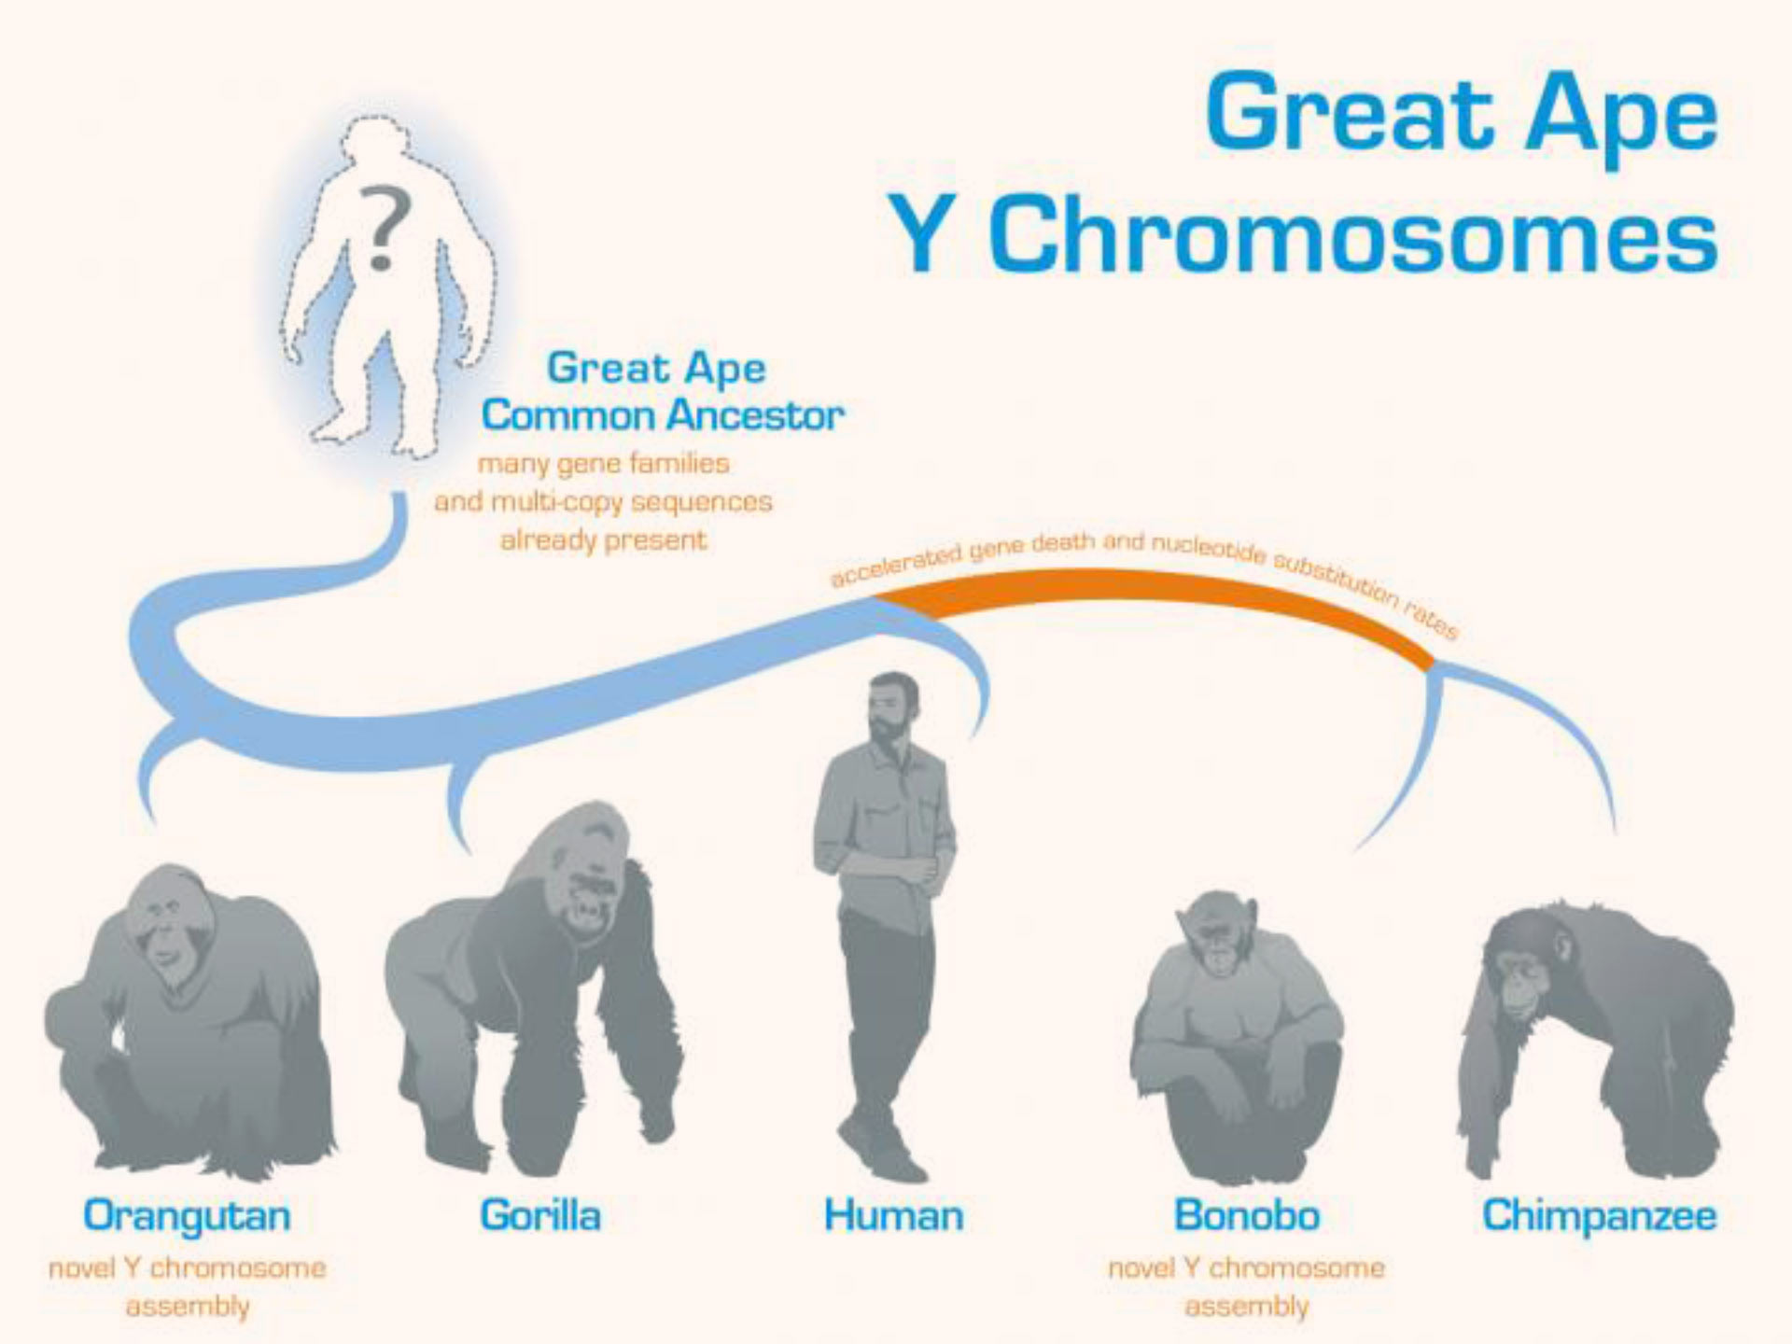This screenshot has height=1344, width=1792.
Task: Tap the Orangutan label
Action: [187, 1216]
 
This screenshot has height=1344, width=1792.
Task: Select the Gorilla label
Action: [540, 1216]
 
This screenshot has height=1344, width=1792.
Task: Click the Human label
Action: [893, 1216]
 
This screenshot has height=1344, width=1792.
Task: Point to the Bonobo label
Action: [1247, 1216]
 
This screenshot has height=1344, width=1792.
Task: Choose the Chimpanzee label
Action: [1599, 1216]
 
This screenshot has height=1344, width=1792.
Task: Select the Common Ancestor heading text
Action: [663, 415]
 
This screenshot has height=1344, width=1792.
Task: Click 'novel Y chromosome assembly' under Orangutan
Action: [187, 1286]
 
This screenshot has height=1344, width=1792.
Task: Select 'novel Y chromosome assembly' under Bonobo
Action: [1247, 1286]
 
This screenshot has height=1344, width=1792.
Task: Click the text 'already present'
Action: [604, 539]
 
